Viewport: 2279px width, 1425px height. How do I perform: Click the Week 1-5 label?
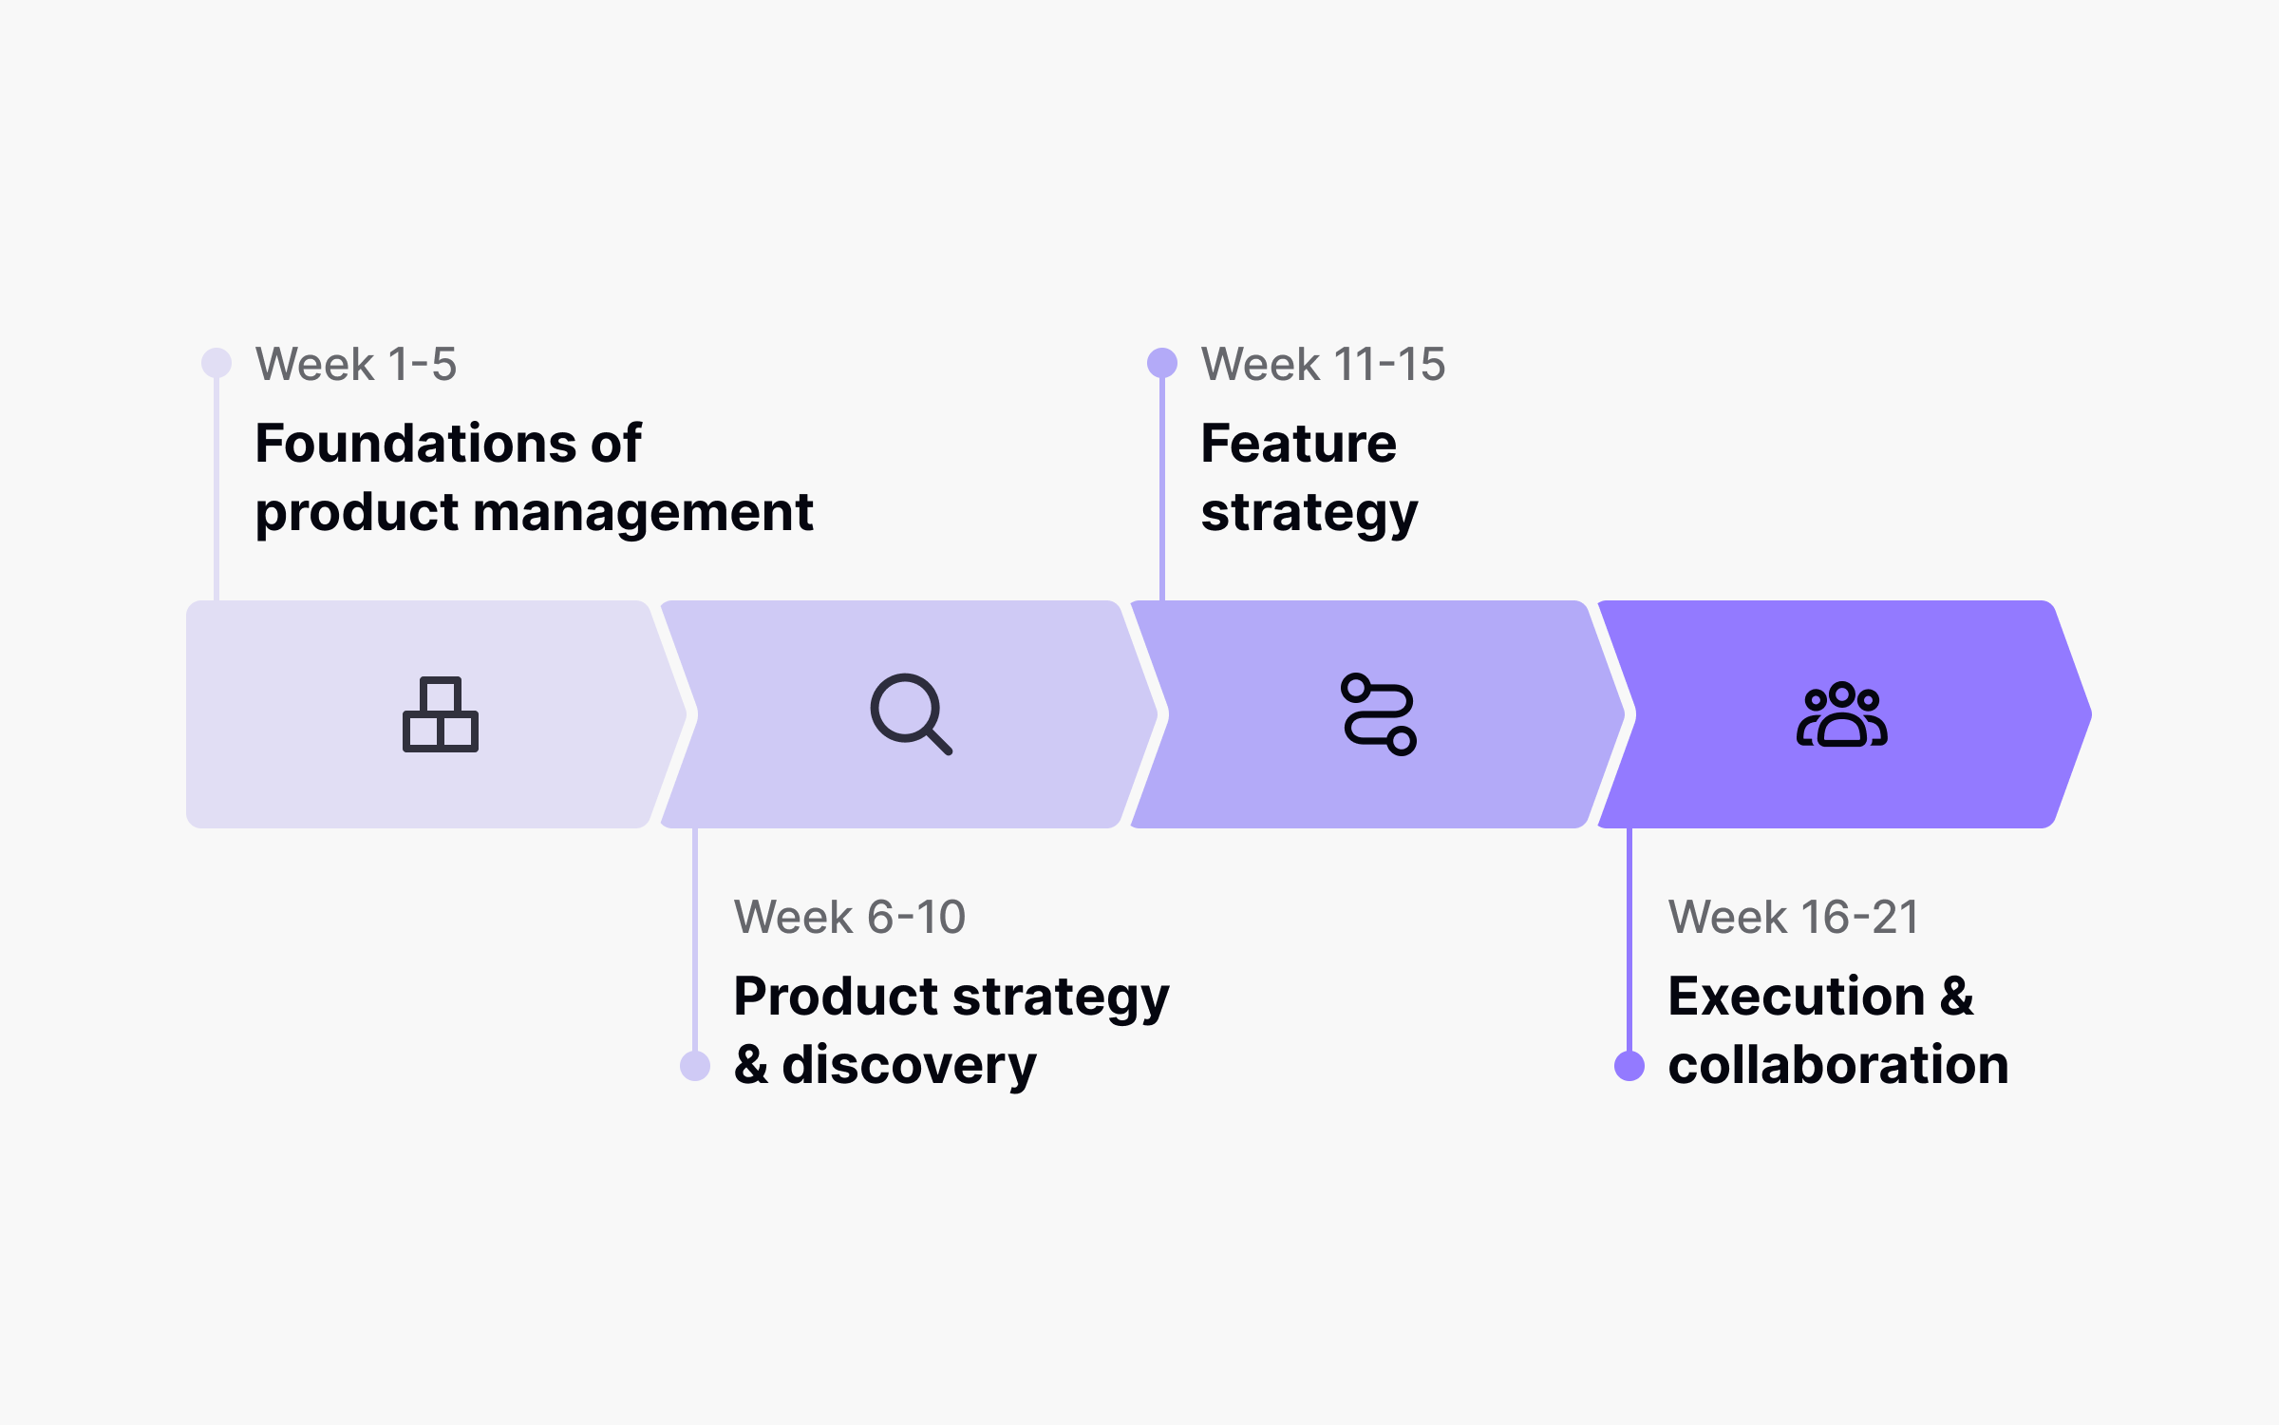pyautogui.click(x=356, y=365)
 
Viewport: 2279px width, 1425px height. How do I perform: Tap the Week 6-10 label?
pyautogui.click(x=850, y=918)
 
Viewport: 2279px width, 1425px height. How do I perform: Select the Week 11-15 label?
pyautogui.click(x=1323, y=365)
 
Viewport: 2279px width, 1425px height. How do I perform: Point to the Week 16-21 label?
pyautogui.click(x=1794, y=918)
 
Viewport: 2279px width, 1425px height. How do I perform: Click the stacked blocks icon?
pyautogui.click(x=441, y=714)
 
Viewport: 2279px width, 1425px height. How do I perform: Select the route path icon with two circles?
pyautogui.click(x=1379, y=714)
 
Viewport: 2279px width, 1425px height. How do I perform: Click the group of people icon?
pyautogui.click(x=1841, y=715)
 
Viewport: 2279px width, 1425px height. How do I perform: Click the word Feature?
pyautogui.click(x=1298, y=444)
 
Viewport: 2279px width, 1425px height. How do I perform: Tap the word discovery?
pyautogui.click(x=909, y=1066)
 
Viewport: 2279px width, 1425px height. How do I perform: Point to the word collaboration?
pyautogui.click(x=1838, y=1065)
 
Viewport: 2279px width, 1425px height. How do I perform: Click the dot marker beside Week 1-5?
pyautogui.click(x=217, y=363)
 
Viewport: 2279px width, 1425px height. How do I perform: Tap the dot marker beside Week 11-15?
pyautogui.click(x=1162, y=363)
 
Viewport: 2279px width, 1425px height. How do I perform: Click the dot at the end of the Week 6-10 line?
pyautogui.click(x=695, y=1066)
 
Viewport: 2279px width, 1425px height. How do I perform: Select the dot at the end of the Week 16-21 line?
pyautogui.click(x=1629, y=1066)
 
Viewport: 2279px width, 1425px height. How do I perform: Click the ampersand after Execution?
pyautogui.click(x=1957, y=997)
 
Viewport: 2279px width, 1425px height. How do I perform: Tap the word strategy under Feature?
pyautogui.click(x=1309, y=514)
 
